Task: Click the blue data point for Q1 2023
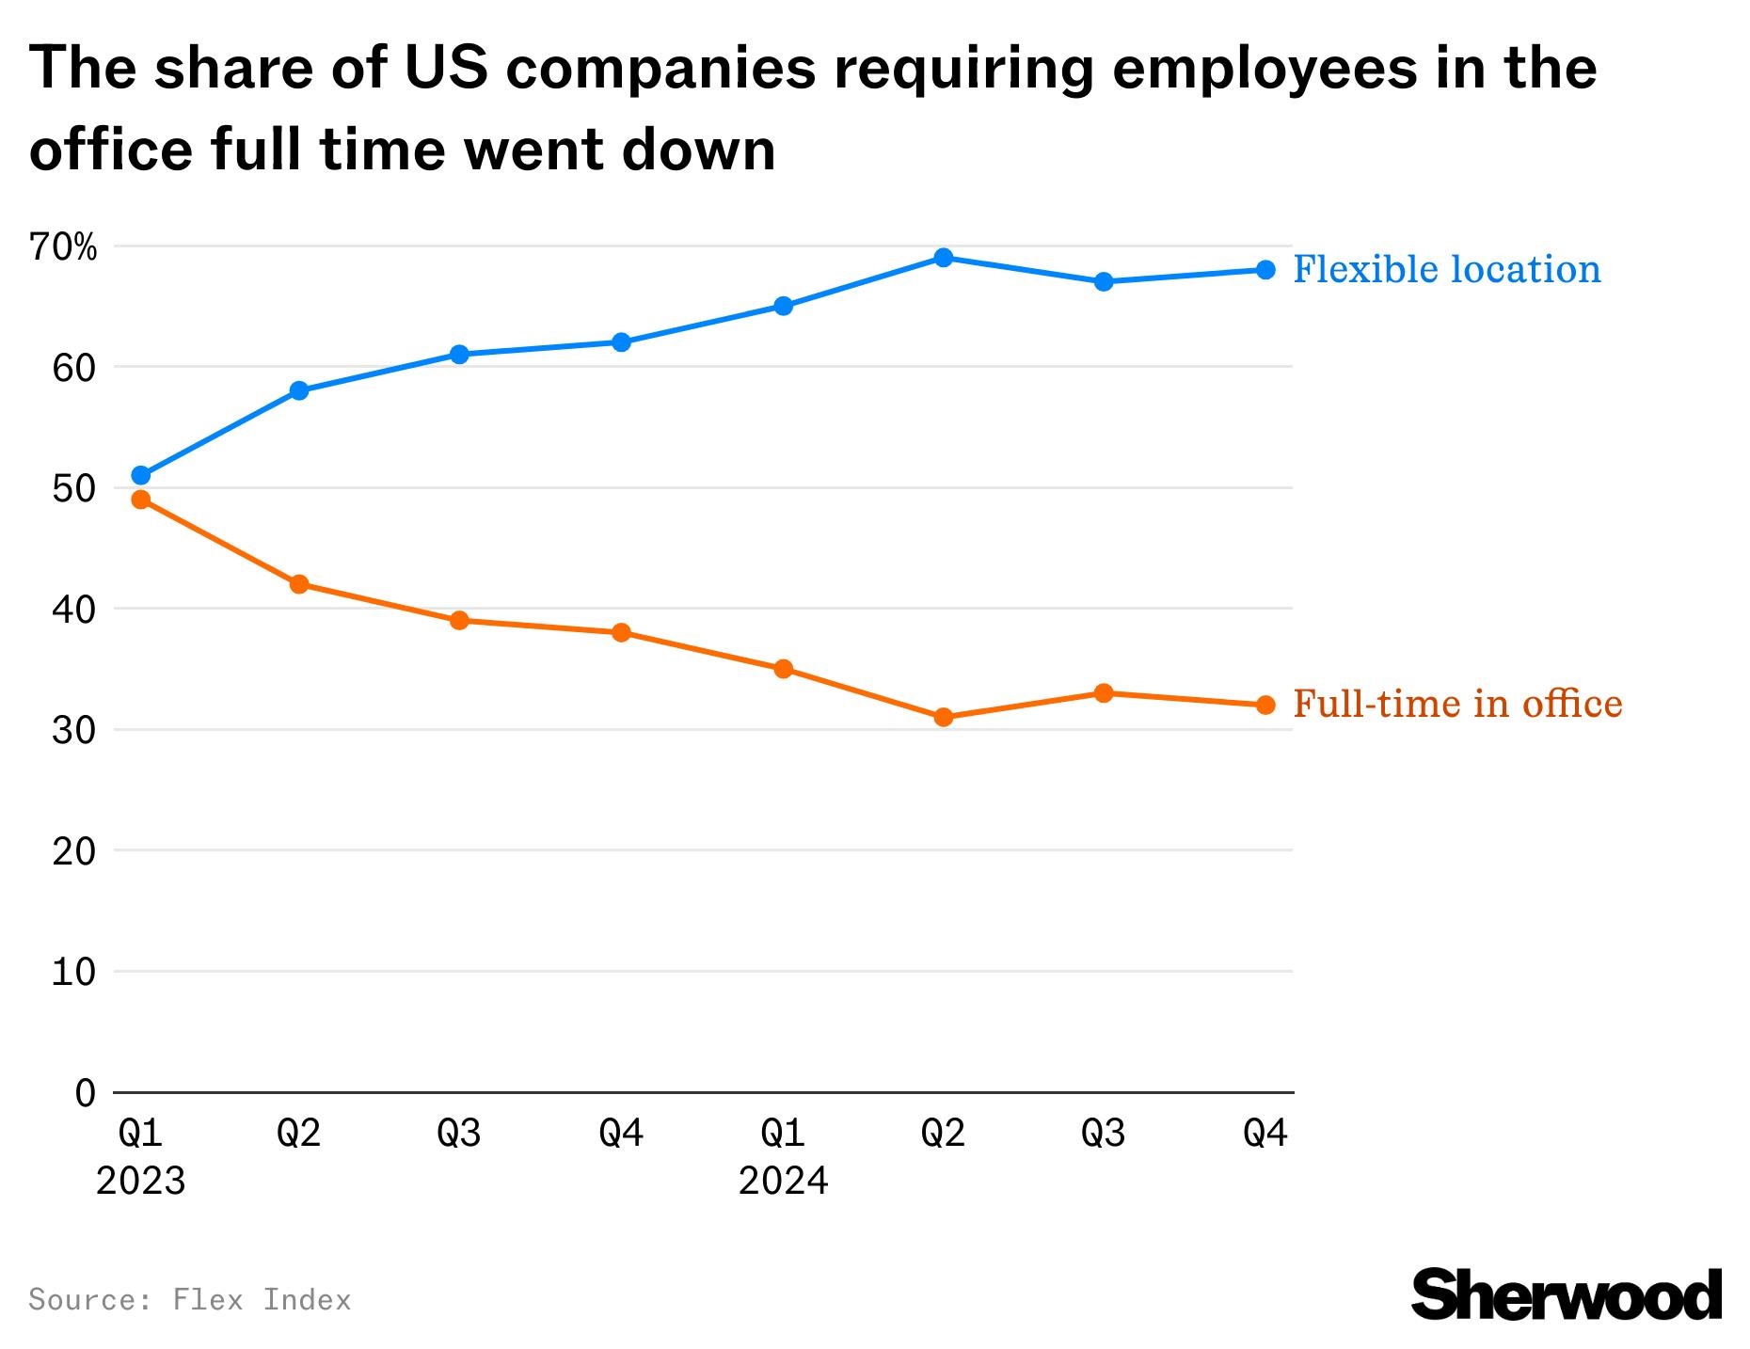(x=141, y=475)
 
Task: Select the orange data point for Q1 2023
(x=141, y=500)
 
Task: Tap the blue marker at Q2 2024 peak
(x=944, y=258)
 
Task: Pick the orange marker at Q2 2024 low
(x=944, y=718)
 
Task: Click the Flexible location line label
(x=1446, y=270)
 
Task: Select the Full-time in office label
(x=1457, y=705)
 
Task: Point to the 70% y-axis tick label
(x=63, y=248)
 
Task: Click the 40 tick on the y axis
(x=74, y=610)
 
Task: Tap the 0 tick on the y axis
(x=86, y=1093)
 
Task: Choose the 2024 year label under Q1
(x=783, y=1182)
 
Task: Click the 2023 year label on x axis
(x=141, y=1182)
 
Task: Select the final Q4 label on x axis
(x=1265, y=1135)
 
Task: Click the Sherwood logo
(x=1567, y=1295)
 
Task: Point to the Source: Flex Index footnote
(x=190, y=1300)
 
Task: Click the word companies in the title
(x=660, y=70)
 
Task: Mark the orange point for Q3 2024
(x=1104, y=693)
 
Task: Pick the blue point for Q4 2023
(x=621, y=341)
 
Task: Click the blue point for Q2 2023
(x=299, y=390)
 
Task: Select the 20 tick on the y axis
(x=74, y=851)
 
